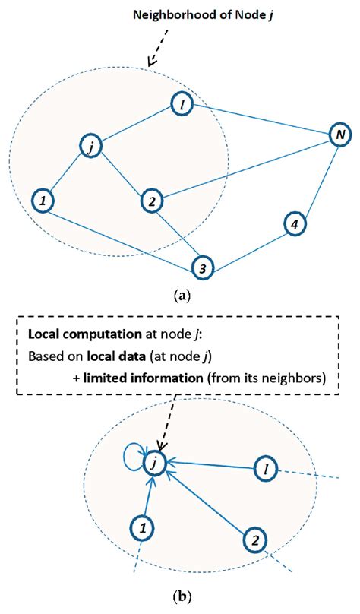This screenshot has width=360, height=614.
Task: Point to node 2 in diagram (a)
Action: [x=152, y=201]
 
